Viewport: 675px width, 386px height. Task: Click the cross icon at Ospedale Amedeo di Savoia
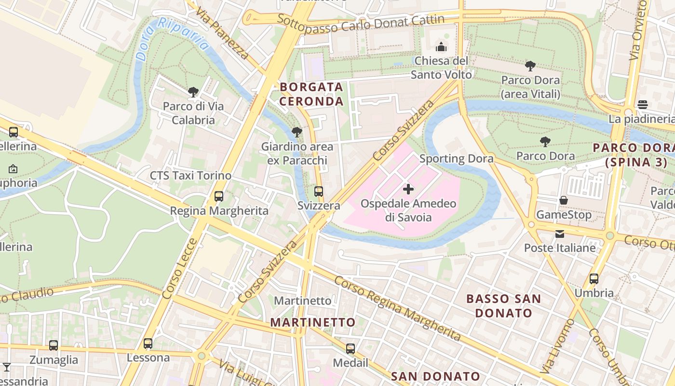pos(408,189)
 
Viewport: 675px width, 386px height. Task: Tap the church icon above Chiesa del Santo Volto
pos(441,47)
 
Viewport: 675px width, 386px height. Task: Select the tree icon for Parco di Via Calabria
pos(193,92)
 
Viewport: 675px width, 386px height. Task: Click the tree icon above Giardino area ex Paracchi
pos(297,132)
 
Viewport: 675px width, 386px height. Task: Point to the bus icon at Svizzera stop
pos(318,191)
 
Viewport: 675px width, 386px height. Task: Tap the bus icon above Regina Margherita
pos(219,196)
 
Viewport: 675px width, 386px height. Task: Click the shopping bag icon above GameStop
pos(563,200)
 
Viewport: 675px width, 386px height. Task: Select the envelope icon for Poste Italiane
pos(559,234)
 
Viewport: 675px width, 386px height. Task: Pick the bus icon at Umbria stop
pos(594,278)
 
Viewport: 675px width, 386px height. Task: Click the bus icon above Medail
pos(351,348)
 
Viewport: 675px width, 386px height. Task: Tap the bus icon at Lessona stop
pos(148,343)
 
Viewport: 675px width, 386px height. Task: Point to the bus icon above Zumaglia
pos(54,345)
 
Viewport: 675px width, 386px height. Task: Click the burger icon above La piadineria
pos(642,104)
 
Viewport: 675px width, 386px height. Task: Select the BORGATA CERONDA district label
pos(311,94)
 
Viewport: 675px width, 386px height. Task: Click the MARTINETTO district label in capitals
pos(312,322)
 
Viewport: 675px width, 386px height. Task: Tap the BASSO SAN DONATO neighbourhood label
pos(503,306)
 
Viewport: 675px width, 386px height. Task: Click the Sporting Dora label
pos(456,158)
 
